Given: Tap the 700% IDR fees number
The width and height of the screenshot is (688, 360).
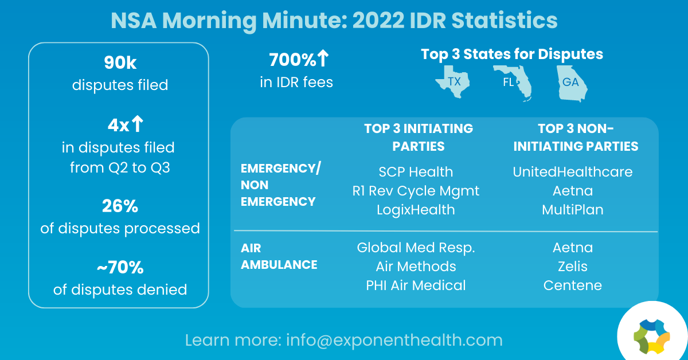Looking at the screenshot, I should (x=299, y=59).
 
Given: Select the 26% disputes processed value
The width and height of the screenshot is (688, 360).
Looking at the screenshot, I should (x=120, y=206).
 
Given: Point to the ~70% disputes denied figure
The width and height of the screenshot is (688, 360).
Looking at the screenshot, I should (x=120, y=267).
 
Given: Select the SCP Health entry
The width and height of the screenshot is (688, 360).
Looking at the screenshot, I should (x=416, y=172).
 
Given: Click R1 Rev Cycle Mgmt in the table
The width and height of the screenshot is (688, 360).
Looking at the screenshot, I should (x=416, y=191).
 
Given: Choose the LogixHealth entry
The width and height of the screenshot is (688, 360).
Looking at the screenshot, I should (x=416, y=210).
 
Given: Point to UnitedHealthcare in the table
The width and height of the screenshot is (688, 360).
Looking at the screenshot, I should (x=573, y=172).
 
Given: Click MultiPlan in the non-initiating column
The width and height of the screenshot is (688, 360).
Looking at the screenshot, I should (x=573, y=210).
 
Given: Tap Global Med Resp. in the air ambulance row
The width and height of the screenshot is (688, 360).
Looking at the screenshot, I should (x=416, y=248).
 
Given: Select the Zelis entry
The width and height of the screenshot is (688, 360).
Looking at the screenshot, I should (x=573, y=267).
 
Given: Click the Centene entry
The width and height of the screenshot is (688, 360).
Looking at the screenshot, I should (x=573, y=285).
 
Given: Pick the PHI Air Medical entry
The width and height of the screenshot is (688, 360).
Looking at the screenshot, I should (x=416, y=285).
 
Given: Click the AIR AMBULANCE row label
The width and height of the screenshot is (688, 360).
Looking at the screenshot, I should (x=279, y=256).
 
